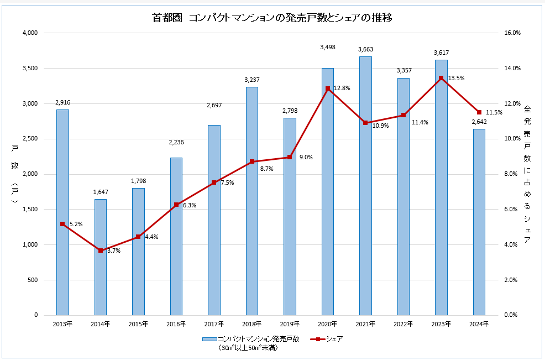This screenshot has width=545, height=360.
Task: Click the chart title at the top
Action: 272,18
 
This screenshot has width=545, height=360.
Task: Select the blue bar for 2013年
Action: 62,212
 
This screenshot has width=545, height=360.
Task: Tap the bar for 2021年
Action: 365,186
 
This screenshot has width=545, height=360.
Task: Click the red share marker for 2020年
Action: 328,88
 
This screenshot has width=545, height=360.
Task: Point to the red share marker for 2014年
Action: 101,251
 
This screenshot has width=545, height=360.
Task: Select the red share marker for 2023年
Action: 441,78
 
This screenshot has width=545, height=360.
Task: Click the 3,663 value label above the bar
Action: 365,50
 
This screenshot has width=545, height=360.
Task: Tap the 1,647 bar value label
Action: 101,192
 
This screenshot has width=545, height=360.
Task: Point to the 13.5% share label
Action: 456,79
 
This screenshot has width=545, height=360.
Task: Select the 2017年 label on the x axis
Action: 214,324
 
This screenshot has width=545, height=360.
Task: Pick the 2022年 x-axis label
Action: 403,324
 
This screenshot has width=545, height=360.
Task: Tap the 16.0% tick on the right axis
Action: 513,33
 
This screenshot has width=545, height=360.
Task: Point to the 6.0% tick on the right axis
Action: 513,210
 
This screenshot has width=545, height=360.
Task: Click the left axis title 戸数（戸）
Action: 15,174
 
